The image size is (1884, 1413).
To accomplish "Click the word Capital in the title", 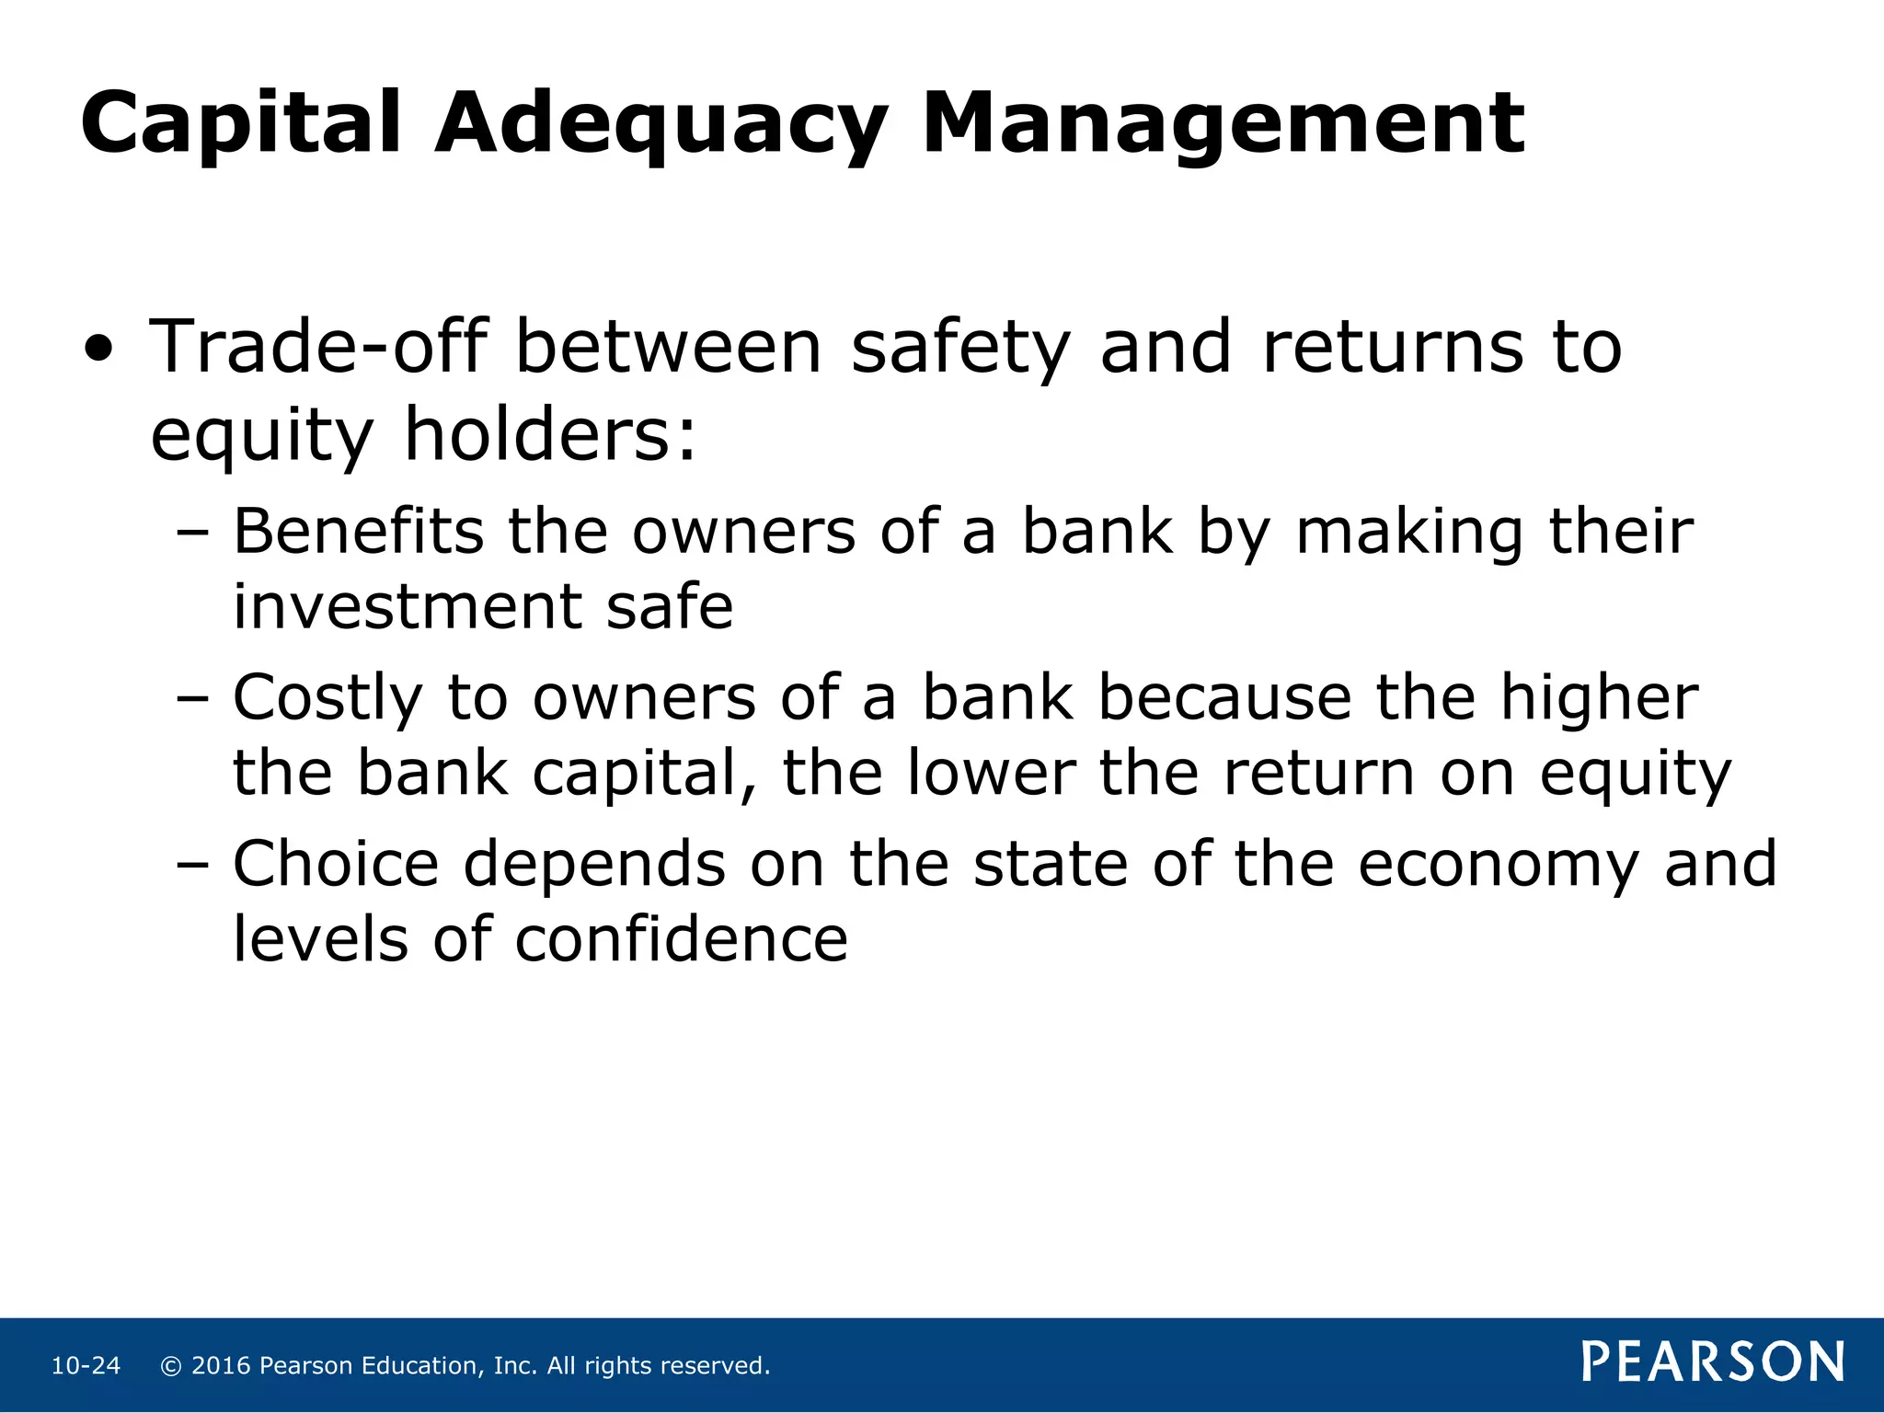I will pos(241,124).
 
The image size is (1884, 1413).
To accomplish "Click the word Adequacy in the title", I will pos(661,124).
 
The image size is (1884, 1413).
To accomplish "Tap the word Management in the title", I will pos(1223,124).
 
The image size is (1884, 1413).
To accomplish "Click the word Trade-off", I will pos(317,347).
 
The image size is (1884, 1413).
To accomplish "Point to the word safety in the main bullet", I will pos(960,349).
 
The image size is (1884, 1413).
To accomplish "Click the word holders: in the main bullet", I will pos(550,434).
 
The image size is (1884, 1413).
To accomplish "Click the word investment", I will pos(406,607).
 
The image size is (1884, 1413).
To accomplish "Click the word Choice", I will pos(336,865).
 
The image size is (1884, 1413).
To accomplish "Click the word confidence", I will pos(681,940).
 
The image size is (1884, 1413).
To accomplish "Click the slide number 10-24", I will pos(86,1366).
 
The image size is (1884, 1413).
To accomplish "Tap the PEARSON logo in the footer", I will pos(1713,1362).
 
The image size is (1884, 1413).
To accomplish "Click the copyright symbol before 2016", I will pos(171,1366).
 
